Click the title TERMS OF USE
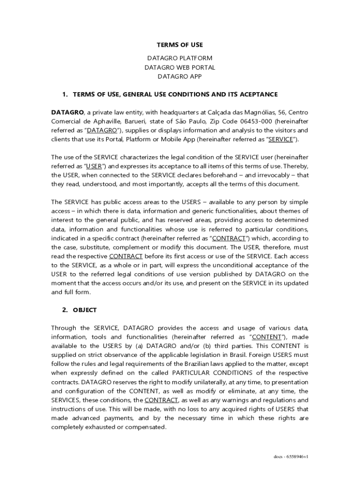[x=180, y=45]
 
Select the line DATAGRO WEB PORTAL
[x=180, y=67]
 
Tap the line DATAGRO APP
[x=180, y=76]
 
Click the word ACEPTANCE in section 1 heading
[x=258, y=94]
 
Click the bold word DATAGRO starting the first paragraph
[x=67, y=113]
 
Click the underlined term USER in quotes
[x=94, y=167]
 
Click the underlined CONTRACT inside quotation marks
[x=229, y=239]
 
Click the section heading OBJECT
[x=85, y=310]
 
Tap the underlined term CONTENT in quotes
[x=266, y=337]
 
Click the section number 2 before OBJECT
[x=65, y=310]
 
